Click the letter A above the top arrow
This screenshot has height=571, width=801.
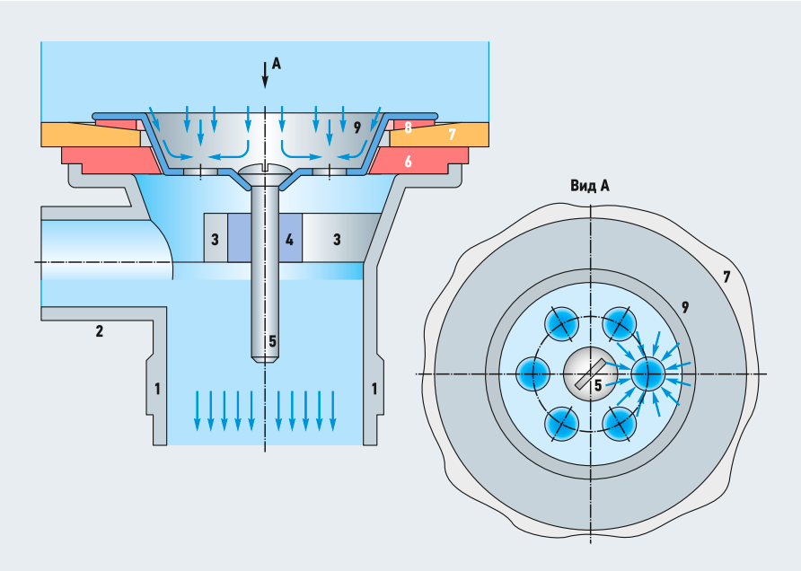click(x=276, y=64)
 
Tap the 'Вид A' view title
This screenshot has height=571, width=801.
click(x=590, y=186)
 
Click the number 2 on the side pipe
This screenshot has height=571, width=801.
click(x=99, y=331)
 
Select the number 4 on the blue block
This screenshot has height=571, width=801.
click(x=289, y=240)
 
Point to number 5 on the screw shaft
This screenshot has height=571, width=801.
click(x=272, y=341)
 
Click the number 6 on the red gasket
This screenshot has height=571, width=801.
click(x=408, y=162)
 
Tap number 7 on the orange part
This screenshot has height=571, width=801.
click(x=452, y=135)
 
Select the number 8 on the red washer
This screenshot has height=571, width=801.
click(x=408, y=128)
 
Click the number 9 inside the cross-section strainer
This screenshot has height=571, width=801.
click(x=356, y=127)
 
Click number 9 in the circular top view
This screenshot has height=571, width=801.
click(x=684, y=307)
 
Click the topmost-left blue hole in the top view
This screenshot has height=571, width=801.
click(x=563, y=324)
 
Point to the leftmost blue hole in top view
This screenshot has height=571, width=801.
click(x=534, y=370)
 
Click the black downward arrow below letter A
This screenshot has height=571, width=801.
click(x=265, y=75)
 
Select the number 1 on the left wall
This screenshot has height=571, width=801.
click(x=157, y=389)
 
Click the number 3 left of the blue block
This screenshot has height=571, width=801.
click(x=215, y=240)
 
